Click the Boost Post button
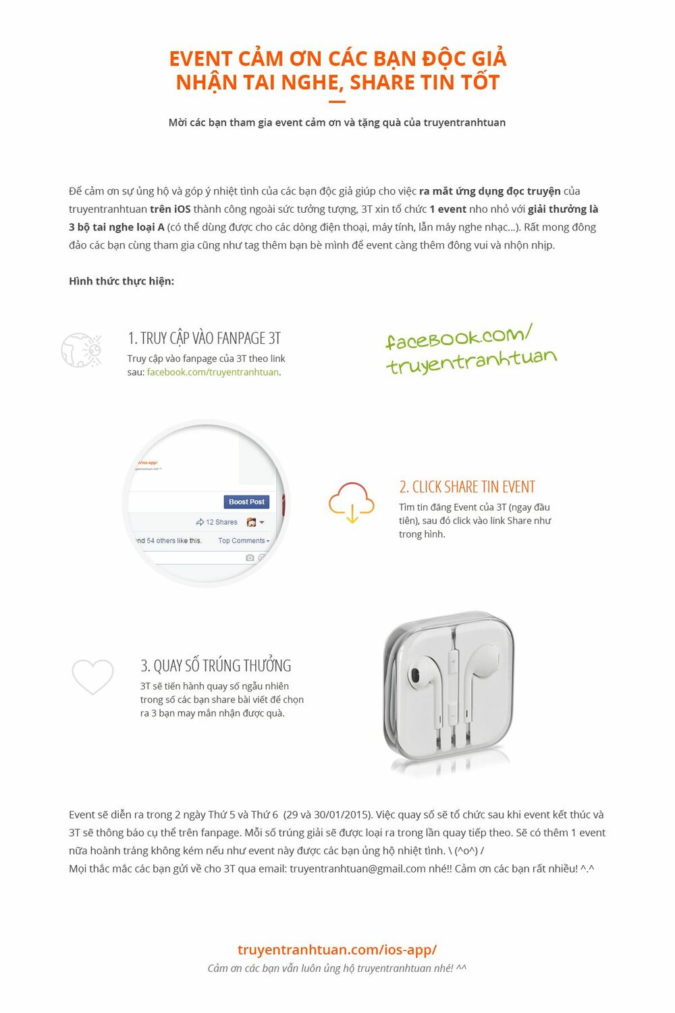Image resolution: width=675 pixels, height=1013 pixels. tap(246, 502)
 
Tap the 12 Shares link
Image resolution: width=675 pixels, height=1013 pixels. tap(217, 522)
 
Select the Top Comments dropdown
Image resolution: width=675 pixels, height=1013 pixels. tap(244, 541)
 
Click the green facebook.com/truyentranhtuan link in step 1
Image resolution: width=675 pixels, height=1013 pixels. tap(213, 372)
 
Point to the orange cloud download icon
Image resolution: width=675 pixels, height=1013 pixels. tap(351, 502)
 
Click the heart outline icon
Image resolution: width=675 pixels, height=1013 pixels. tap(92, 676)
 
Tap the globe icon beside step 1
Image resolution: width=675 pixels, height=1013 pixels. tap(81, 350)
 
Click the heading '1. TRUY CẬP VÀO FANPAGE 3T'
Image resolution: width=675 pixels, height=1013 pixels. tap(204, 338)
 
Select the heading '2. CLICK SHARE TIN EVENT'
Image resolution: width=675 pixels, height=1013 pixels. tap(466, 487)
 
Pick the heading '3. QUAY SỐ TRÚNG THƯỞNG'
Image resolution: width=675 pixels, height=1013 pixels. tap(215, 666)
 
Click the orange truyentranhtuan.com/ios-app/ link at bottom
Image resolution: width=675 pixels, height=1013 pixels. tap(337, 950)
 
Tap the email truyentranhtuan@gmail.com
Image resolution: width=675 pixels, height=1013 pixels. tap(358, 868)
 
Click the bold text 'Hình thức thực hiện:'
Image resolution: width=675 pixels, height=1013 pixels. tap(122, 281)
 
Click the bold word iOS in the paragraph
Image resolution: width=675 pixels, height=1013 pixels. tap(182, 209)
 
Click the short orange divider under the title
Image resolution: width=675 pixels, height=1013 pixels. tap(337, 103)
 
